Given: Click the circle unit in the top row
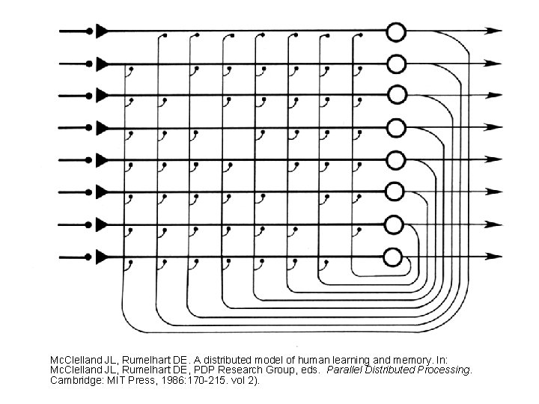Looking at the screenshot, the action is pyautogui.click(x=395, y=31).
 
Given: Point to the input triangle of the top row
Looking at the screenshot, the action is pyautogui.click(x=103, y=31).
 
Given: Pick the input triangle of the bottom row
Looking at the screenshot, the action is pyautogui.click(x=103, y=257).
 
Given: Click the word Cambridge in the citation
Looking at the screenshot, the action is pyautogui.click(x=73, y=381).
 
